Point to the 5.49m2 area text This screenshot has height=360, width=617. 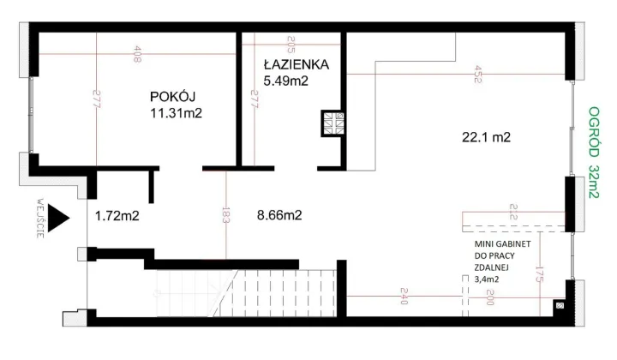coord(286,81)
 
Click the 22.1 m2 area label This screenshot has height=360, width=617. coord(486,137)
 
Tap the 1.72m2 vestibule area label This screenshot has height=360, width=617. coord(117,216)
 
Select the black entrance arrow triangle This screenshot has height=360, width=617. coord(57,218)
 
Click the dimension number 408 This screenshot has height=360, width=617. coord(138,56)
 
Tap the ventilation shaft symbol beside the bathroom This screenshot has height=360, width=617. coord(332,124)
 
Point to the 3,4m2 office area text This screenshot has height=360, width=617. coord(487,277)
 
